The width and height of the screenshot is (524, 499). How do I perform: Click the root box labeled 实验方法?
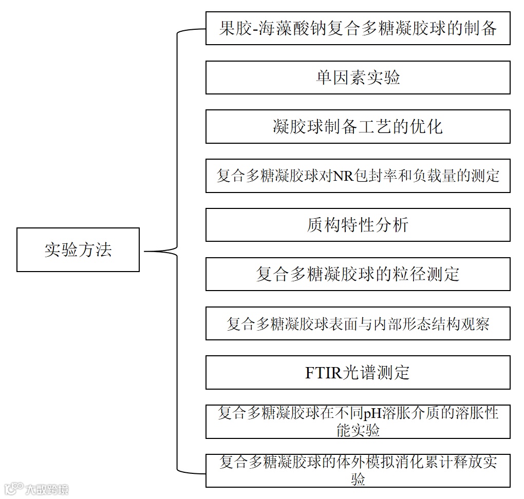[x=78, y=250]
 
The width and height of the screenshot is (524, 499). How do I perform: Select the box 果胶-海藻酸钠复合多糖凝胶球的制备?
[x=358, y=28]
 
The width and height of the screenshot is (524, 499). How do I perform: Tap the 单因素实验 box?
[x=358, y=78]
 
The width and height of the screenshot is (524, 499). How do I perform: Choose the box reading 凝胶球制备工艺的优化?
[x=358, y=126]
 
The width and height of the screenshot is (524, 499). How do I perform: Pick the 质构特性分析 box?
[x=358, y=225]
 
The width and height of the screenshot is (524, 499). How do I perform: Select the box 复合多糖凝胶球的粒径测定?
[x=358, y=274]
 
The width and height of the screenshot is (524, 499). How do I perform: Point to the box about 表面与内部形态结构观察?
[x=358, y=323]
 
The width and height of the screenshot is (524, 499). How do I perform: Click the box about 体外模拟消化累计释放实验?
[x=358, y=471]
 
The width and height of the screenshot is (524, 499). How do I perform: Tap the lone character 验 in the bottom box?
[x=358, y=480]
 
